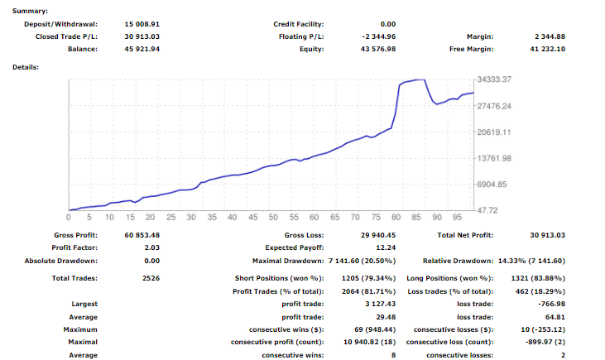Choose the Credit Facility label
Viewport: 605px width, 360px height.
(299, 24)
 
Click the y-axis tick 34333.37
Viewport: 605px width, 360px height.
(494, 79)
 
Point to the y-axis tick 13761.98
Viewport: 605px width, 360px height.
(494, 158)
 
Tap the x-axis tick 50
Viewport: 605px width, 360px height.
(272, 218)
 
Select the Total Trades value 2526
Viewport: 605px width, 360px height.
(151, 278)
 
